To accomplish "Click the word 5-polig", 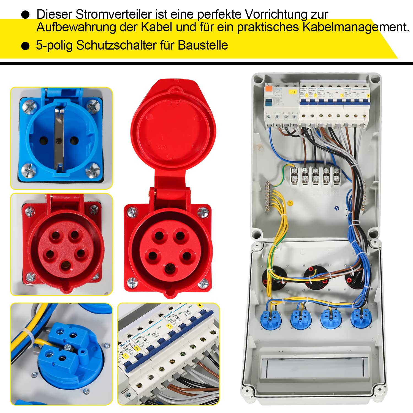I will pyautogui.click(x=54, y=45).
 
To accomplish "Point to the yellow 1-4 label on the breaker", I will pyautogui.click(x=293, y=92).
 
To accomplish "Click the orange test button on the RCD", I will pyautogui.click(x=268, y=89).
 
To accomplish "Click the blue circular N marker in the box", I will pyautogui.click(x=336, y=208).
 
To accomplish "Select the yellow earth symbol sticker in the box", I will pyautogui.click(x=290, y=203).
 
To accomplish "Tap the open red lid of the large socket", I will pyautogui.click(x=173, y=124).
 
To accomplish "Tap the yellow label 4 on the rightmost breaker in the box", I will pyautogui.click(x=368, y=96).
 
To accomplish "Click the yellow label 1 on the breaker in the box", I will pyautogui.click(x=306, y=96).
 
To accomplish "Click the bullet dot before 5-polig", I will pyautogui.click(x=25, y=46).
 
